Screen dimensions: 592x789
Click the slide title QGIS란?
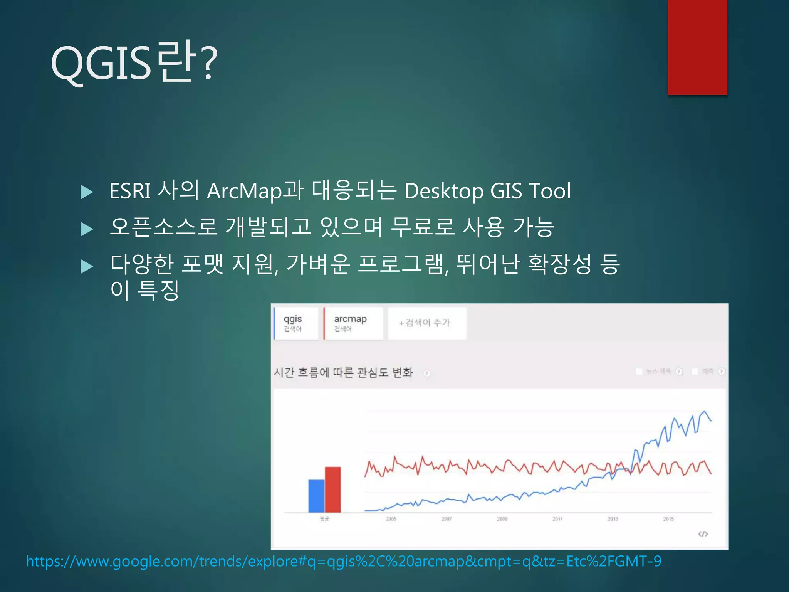[x=134, y=62]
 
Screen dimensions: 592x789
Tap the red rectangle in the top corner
[x=697, y=47]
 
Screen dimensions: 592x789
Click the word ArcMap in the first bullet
[x=243, y=191]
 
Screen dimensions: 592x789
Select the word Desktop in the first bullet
[x=444, y=191]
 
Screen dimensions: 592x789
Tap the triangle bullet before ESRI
[x=87, y=192]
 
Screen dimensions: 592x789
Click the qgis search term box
[x=296, y=323]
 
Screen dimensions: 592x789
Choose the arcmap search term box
[x=353, y=323]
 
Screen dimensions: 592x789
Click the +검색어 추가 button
[x=426, y=323]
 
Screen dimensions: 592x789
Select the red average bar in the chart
[x=333, y=489]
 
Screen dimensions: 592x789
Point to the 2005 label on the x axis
[x=391, y=519]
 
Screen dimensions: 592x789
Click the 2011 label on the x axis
[x=557, y=519]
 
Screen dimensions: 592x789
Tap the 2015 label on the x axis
[x=668, y=519]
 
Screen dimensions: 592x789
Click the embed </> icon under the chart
[x=703, y=534]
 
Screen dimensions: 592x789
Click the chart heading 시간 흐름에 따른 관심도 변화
[x=343, y=373]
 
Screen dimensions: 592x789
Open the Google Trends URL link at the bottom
[x=343, y=561]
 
